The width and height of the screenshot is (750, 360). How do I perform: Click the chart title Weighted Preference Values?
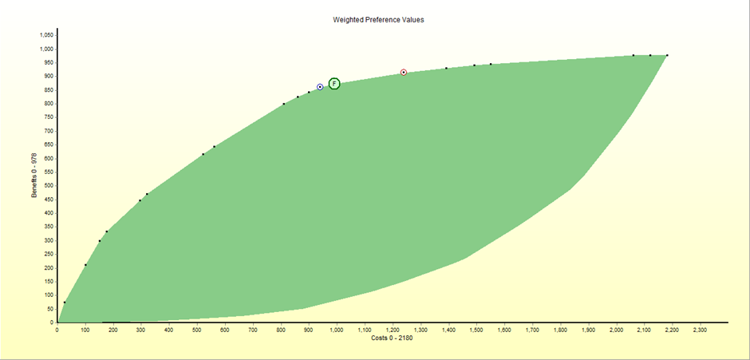point(378,19)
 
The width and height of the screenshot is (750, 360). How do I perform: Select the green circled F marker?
point(334,84)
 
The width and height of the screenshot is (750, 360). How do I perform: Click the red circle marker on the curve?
point(404,73)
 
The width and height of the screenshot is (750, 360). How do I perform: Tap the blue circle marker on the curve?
point(320,87)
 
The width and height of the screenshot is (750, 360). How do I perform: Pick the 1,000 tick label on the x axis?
point(337,330)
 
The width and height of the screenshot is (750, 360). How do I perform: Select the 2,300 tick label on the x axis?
point(700,330)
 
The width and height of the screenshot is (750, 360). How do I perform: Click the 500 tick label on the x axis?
point(197,330)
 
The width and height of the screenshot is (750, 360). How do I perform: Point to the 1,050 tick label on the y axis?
point(45,35)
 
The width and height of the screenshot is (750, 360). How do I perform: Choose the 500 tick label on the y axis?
point(48,186)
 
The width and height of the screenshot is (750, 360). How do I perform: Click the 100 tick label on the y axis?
point(48,295)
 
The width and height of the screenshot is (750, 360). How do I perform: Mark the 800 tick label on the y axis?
point(48,104)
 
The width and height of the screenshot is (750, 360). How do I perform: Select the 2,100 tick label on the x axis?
point(644,330)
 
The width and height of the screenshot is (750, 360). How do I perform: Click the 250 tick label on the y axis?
point(48,255)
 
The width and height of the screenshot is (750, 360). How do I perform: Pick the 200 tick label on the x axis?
point(113,330)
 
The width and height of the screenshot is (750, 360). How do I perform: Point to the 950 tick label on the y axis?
point(48,63)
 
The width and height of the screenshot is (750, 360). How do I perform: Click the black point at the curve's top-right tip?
point(667,55)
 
